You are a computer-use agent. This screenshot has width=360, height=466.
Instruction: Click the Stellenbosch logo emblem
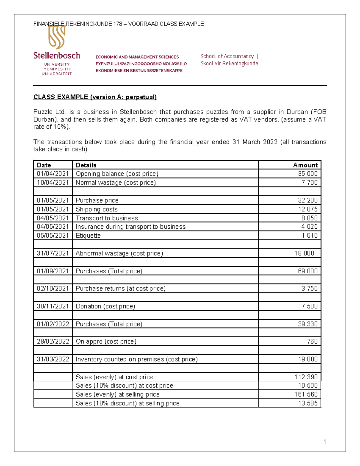(57, 38)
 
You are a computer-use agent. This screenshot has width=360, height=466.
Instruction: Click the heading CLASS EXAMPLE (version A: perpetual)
(95, 97)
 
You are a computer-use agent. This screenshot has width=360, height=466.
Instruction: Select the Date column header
(44, 165)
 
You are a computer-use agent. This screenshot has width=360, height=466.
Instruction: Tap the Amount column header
(305, 165)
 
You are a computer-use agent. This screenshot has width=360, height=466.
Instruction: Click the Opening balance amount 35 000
(307, 174)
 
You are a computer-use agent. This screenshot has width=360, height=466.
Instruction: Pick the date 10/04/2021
(53, 182)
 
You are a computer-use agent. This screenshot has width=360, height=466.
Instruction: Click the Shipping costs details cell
(97, 209)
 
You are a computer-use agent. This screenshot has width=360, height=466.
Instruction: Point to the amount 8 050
(309, 218)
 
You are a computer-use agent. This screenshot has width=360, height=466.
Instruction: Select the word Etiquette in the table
(88, 236)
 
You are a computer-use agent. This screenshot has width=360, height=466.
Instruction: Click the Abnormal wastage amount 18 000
(304, 253)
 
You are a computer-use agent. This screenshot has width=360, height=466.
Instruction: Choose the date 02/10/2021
(53, 288)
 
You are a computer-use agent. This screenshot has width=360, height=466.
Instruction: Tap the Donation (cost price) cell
(105, 306)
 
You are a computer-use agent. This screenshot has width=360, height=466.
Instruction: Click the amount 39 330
(307, 324)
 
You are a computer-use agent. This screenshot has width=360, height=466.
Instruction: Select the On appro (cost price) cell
(106, 341)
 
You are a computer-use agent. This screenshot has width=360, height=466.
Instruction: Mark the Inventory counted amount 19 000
(307, 359)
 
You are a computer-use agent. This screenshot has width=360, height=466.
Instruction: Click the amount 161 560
(306, 394)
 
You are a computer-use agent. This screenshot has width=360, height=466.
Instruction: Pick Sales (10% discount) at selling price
(127, 403)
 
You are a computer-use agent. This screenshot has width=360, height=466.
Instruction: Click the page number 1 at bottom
(325, 441)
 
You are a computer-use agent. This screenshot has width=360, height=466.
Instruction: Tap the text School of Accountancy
(227, 56)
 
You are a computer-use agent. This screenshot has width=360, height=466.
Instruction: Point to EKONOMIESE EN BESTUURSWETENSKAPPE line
(139, 71)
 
